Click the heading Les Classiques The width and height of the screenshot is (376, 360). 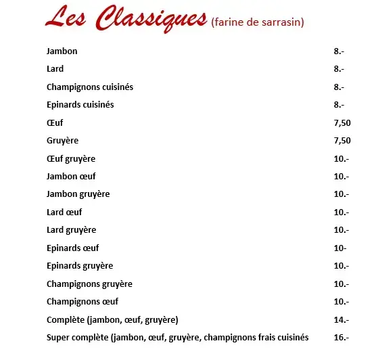tap(125, 18)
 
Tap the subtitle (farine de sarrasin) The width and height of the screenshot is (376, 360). tap(257, 23)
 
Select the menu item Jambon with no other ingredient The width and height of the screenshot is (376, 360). tap(62, 51)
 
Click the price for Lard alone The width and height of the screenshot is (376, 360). tap(339, 69)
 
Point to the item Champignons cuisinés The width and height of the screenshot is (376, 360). tap(90, 87)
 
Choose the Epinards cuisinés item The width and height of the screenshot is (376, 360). tap(80, 105)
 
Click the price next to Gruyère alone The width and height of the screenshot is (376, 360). tap(342, 141)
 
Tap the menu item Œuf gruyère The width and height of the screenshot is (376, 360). tap(71, 158)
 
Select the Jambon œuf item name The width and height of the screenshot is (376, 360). tap(71, 177)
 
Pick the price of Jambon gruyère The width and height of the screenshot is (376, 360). tap(342, 194)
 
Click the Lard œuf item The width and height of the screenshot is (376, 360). tap(64, 212)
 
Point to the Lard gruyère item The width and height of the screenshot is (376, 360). tap(71, 230)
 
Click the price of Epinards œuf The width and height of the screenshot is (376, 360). tap(340, 248)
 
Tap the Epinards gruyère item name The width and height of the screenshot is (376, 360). tap(80, 266)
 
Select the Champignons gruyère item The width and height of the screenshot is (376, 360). tap(89, 284)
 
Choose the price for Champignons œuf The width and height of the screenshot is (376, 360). tap(342, 301)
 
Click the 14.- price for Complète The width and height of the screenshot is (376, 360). tap(342, 319)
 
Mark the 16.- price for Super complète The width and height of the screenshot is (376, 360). tap(342, 337)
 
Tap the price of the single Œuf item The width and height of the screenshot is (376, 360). tap(342, 123)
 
